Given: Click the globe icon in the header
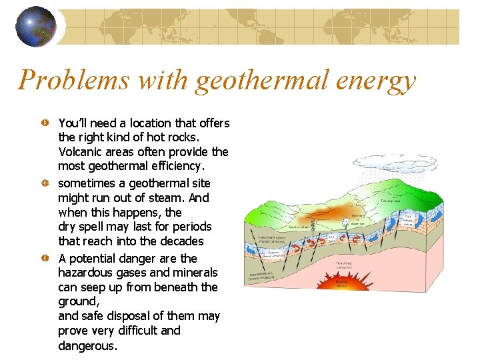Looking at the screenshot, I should (x=35, y=27).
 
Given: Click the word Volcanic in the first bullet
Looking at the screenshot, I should (x=81, y=152).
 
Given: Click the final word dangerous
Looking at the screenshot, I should (x=87, y=346).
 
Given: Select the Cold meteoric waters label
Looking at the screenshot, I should (x=408, y=220).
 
